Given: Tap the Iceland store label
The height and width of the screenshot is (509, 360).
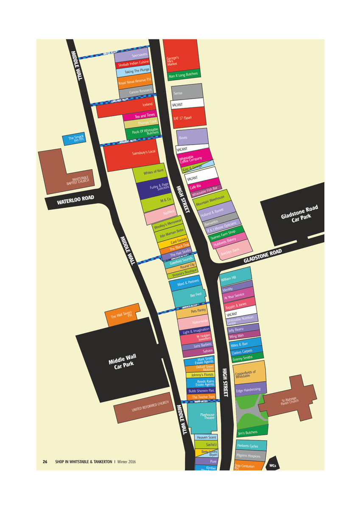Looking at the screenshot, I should pos(147,104).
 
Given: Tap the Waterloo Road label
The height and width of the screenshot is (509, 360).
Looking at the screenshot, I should pos(75,201).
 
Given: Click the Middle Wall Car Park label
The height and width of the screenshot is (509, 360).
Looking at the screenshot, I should pos(122,362).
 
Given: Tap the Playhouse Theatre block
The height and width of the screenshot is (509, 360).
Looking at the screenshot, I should pos(207,416).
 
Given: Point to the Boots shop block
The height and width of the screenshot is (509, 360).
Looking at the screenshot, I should pos(191,137).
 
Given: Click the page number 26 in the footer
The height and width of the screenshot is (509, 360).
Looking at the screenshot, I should pos(45,461).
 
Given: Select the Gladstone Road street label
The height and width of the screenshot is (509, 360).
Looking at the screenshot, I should pos(263,256).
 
